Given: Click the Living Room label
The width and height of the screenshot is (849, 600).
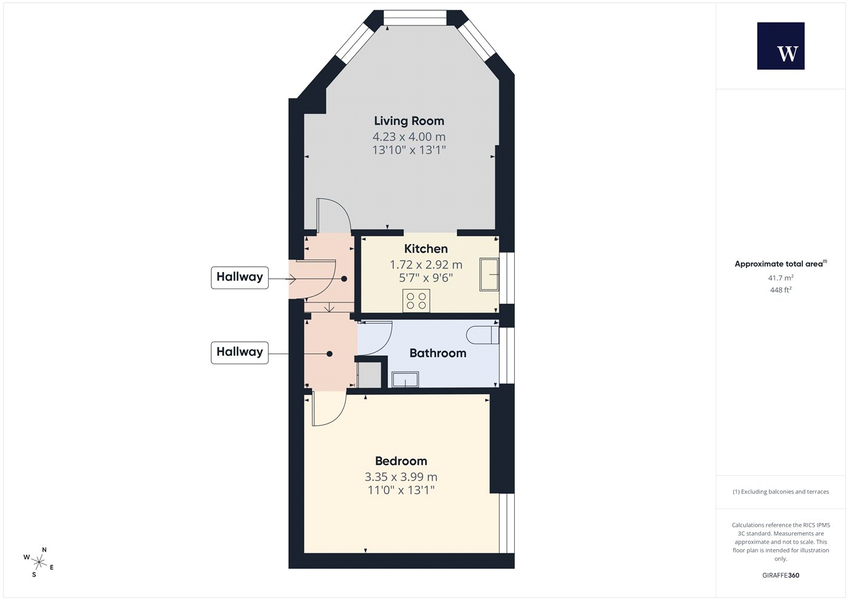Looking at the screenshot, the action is point(409,121).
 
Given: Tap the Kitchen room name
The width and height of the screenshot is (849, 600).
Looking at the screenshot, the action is point(426,249).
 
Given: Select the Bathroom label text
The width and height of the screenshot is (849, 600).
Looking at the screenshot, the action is point(438,353).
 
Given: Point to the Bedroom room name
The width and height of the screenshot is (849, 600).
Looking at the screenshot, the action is point(401,461).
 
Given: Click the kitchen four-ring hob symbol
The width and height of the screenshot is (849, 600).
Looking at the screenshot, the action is point(416,301).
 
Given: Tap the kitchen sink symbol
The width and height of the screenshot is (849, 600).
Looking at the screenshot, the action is point(489,275).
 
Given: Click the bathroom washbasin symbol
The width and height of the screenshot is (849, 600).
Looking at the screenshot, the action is point(405,379).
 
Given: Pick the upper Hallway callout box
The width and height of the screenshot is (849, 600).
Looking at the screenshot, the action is point(240,278).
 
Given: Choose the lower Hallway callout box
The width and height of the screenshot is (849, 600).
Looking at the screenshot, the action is point(240,353).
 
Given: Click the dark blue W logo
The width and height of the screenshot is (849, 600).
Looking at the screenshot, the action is point(781,46).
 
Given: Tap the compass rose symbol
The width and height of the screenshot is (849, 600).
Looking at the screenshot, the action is point(39,562).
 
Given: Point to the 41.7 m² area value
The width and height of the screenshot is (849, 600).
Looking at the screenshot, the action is point(781,278).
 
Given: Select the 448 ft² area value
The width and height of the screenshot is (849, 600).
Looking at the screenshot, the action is point(781,290).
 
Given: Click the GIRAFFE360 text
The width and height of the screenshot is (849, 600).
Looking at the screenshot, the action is point(781,575).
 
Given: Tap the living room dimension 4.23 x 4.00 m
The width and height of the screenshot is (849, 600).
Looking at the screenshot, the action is point(409,136).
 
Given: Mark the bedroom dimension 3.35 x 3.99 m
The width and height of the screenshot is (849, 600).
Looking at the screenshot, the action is point(401,476).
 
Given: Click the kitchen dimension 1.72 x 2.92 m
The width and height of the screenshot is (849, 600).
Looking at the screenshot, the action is point(426,264).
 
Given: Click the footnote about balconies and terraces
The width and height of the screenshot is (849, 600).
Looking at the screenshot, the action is point(781,492).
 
